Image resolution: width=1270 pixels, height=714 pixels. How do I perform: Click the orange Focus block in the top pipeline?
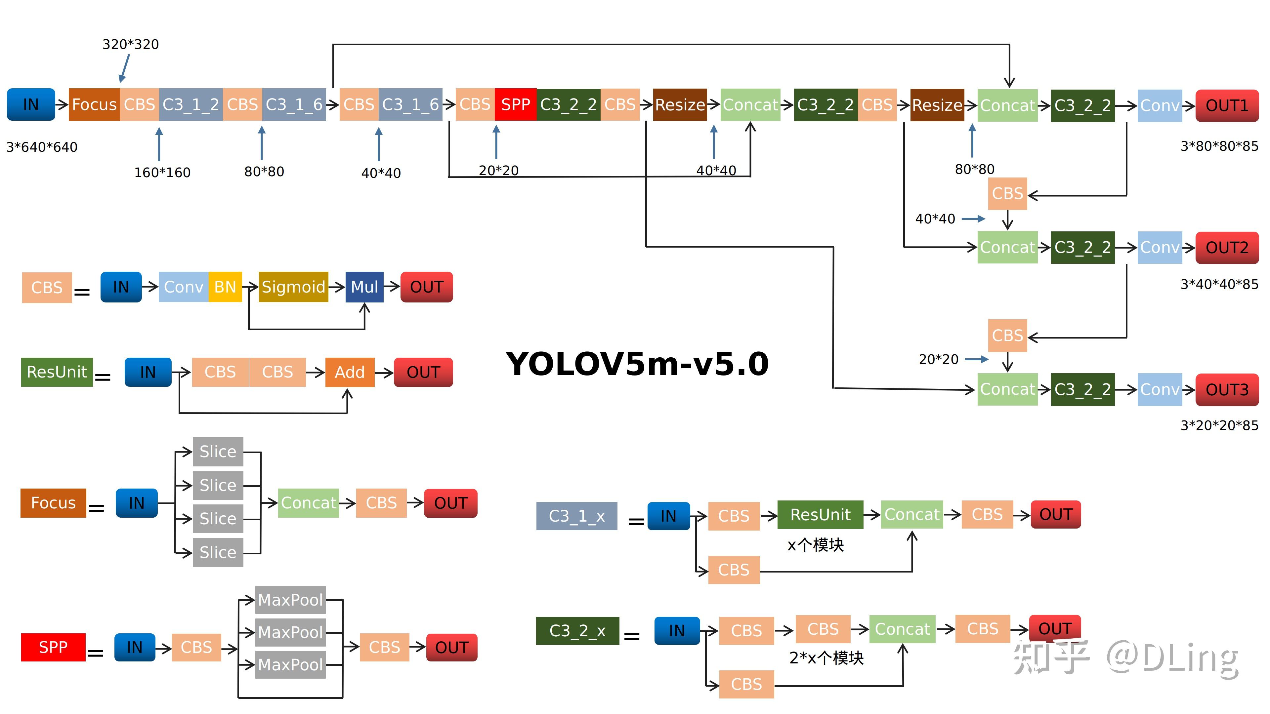(94, 104)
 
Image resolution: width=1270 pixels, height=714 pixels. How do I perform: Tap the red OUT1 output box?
(1227, 105)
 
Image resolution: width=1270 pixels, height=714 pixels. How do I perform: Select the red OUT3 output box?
(1227, 389)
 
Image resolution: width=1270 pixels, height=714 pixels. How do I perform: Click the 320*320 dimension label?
(131, 44)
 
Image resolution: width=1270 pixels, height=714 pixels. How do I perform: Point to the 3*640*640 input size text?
(42, 147)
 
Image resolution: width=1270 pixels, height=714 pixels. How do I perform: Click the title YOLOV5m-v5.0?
(637, 364)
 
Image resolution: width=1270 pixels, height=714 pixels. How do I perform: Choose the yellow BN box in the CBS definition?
(225, 287)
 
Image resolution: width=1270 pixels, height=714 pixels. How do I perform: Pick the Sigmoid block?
(293, 287)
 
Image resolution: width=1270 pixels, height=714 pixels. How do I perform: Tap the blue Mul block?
(364, 287)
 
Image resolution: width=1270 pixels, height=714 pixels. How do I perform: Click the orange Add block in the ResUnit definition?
(350, 372)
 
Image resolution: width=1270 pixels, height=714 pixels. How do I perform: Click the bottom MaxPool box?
(290, 664)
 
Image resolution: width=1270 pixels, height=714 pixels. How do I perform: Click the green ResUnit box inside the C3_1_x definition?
(820, 514)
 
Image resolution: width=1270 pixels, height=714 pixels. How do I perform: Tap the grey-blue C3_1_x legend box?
(576, 516)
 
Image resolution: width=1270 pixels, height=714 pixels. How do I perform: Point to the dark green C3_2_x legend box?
(577, 630)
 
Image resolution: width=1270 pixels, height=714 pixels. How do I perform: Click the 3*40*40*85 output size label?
(1219, 284)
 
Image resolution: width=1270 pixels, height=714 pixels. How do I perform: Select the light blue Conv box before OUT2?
(1160, 247)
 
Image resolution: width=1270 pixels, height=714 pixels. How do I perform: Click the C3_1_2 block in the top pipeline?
(191, 104)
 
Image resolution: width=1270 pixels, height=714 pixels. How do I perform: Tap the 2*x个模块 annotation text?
(826, 658)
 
